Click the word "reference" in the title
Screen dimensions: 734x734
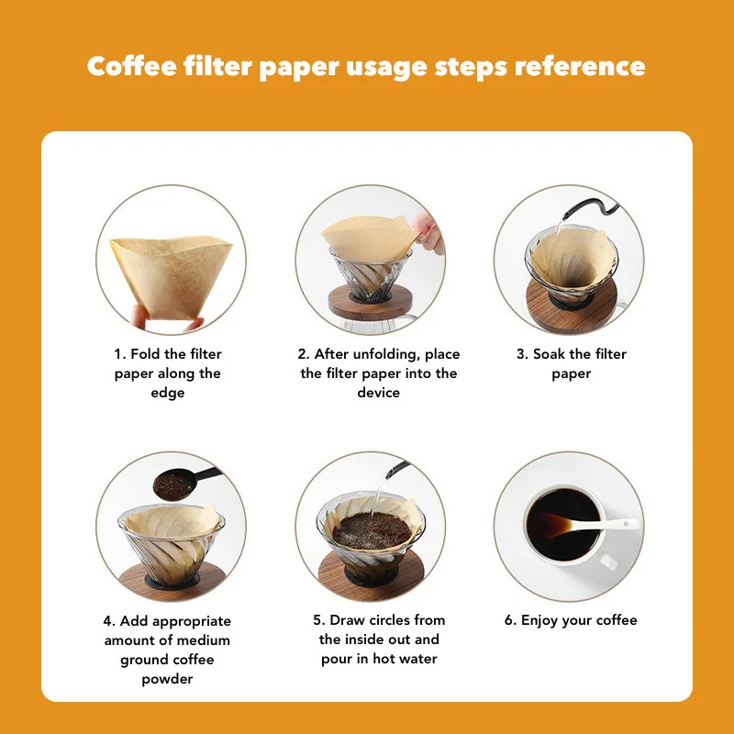click(580, 66)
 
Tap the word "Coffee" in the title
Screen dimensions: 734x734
click(132, 66)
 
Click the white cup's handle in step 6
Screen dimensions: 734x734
click(607, 561)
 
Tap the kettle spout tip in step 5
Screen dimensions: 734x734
click(387, 476)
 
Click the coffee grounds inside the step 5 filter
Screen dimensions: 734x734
click(372, 530)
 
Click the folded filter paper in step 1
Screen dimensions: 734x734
click(171, 277)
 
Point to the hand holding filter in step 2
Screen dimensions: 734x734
click(428, 233)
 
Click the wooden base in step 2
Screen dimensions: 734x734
click(370, 303)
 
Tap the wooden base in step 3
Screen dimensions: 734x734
click(571, 306)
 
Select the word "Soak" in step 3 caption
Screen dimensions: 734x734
click(549, 354)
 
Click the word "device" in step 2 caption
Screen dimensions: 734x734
click(378, 393)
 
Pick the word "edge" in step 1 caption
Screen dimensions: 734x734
click(168, 394)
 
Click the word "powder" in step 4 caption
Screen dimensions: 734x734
click(167, 679)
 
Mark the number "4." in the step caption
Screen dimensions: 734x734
click(109, 621)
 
